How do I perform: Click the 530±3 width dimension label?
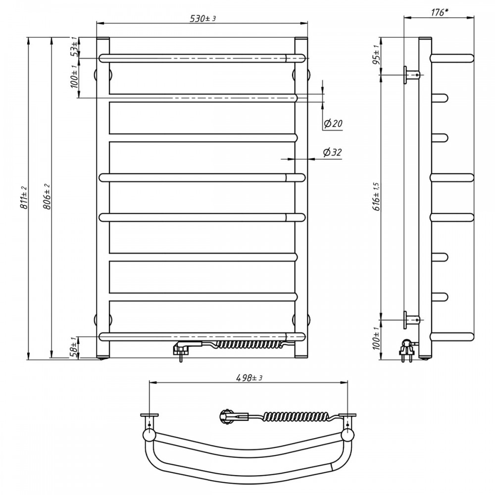coord(202,19)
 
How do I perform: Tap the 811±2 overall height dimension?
coord(24,198)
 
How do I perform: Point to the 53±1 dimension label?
coord(74,46)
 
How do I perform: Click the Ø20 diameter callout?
coord(333,123)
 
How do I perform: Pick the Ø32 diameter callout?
coord(332,152)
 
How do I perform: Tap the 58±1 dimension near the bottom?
coord(74,347)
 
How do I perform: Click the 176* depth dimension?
coord(440,12)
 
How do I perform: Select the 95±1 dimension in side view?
coord(376,55)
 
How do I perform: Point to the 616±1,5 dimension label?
coord(377,197)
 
